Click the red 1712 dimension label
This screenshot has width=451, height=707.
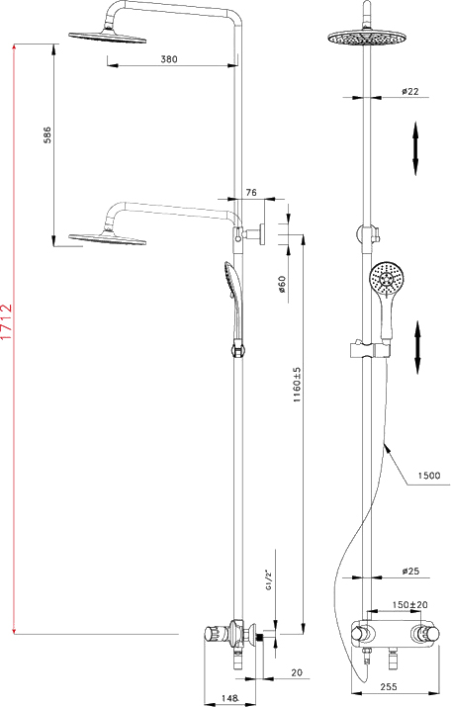7,321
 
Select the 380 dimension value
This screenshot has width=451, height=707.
169,59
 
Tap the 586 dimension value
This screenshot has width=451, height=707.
46,134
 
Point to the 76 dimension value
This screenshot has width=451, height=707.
251,192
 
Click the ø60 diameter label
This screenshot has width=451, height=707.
282,285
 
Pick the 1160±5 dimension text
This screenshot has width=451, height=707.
297,385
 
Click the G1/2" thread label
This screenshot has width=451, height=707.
269,580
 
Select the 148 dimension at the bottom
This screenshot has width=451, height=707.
229,697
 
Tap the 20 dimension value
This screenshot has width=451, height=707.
297,672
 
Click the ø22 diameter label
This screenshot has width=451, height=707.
410,91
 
